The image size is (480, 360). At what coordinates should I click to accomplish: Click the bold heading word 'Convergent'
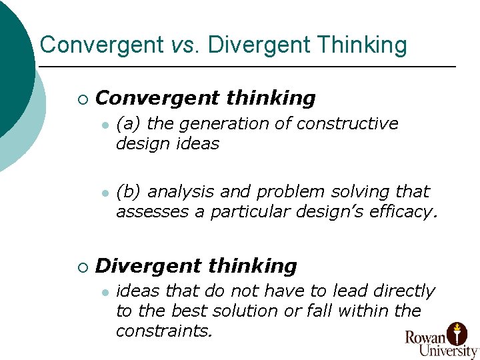[x=157, y=98]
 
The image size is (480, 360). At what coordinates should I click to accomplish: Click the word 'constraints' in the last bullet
[x=163, y=331]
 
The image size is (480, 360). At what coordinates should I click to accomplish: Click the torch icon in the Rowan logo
[x=457, y=331]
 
